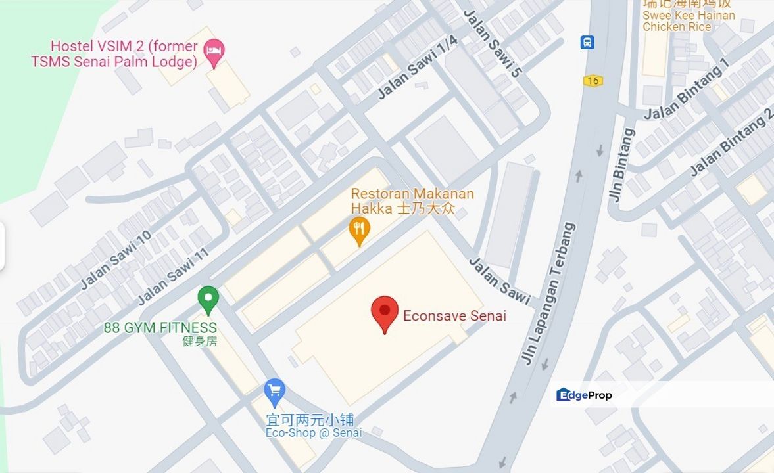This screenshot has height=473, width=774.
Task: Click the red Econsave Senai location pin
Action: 385,313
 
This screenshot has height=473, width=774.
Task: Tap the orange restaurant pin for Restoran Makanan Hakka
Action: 358,231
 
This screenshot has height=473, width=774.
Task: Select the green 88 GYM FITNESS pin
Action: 208,300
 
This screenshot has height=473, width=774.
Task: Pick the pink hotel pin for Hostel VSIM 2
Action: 214,52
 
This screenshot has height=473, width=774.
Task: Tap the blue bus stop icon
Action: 587,42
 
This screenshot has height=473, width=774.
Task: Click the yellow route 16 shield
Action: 593,80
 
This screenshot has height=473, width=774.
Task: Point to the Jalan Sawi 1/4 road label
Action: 418,68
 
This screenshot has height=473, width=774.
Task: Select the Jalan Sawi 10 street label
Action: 116,259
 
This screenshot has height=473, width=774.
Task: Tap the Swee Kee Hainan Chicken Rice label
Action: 688,20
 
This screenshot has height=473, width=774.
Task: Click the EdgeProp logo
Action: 584,395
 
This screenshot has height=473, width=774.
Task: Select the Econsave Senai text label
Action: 454,316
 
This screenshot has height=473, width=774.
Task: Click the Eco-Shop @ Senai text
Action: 314,433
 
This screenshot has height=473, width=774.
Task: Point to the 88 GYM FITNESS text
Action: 160,327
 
